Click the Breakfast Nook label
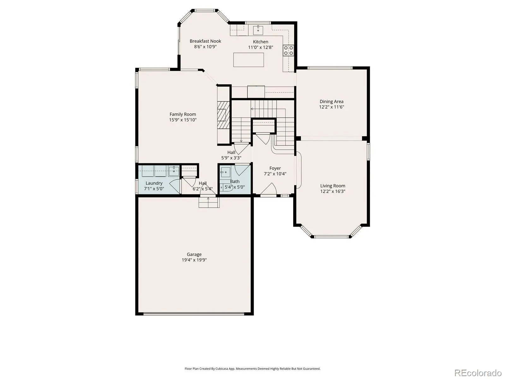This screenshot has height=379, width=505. pos(205,41)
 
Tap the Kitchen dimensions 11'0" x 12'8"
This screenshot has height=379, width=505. pos(260,47)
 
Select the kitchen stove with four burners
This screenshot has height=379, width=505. pos(288,51)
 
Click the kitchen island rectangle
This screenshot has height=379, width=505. pos(248,60)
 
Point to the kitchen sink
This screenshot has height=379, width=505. pos(258,30)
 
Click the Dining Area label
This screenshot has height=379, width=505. pos(331,101)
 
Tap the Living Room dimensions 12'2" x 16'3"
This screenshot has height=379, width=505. pos(333,191)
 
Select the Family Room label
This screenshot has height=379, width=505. pos(183,114)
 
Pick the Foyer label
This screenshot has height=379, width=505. pos(275,168)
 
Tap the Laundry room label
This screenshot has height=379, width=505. pos(154,183)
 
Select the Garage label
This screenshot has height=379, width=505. pos(194,255)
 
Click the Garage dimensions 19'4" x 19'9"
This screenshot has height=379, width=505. pos(194,260)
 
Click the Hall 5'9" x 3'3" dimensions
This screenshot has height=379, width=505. pos(231,158)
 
